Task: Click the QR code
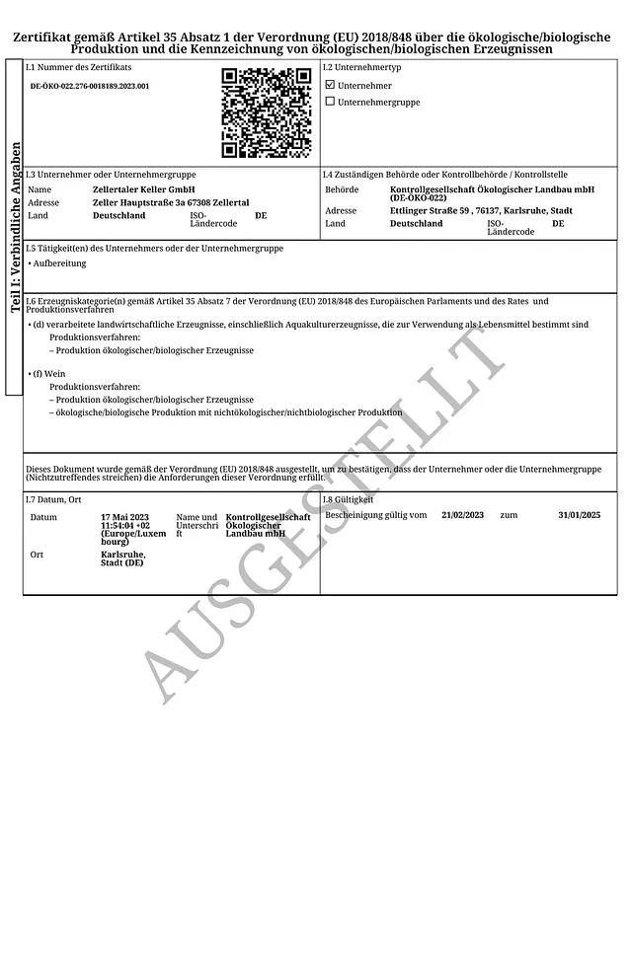click(266, 112)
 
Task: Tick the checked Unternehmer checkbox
click(330, 86)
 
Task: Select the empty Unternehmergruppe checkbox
click(330, 102)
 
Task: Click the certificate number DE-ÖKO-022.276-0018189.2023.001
click(90, 87)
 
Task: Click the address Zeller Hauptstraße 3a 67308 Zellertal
click(170, 202)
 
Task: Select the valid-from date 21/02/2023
click(463, 515)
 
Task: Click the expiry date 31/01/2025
click(579, 515)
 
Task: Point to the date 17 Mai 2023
click(124, 517)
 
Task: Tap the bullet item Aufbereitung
click(60, 263)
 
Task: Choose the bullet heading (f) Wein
click(47, 375)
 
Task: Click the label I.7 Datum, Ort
click(53, 500)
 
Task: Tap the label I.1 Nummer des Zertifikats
click(78, 67)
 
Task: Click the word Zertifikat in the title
click(47, 37)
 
